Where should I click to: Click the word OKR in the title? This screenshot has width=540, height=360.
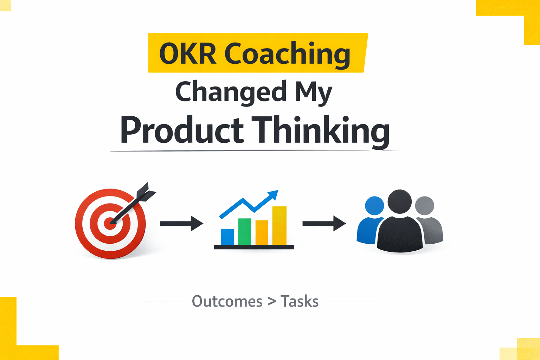[x=187, y=54]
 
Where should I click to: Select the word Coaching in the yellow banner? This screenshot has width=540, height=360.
[x=287, y=54]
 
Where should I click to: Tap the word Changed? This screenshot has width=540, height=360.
[x=231, y=92]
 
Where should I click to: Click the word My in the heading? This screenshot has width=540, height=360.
[x=314, y=92]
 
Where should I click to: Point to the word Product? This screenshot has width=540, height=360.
[x=182, y=130]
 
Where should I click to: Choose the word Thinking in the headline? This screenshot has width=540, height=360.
[x=320, y=130]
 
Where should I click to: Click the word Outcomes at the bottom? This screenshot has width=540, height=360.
[x=227, y=302]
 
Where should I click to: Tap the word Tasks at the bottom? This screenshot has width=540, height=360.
[x=300, y=302]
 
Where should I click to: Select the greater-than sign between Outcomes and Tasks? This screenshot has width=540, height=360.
[x=272, y=301]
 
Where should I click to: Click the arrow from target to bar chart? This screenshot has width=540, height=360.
[x=181, y=224]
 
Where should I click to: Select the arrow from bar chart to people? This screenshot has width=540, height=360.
[x=324, y=224]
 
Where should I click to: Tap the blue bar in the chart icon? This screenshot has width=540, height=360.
[x=227, y=237]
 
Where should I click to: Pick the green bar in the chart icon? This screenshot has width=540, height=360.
[x=245, y=231]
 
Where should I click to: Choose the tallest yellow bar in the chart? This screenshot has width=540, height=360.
[x=279, y=225]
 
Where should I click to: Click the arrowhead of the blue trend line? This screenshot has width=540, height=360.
[x=274, y=194]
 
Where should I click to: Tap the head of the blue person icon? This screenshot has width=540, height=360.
[x=374, y=206]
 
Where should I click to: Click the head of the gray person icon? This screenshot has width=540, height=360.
[x=425, y=206]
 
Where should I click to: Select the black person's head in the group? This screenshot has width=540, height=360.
[x=400, y=201]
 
